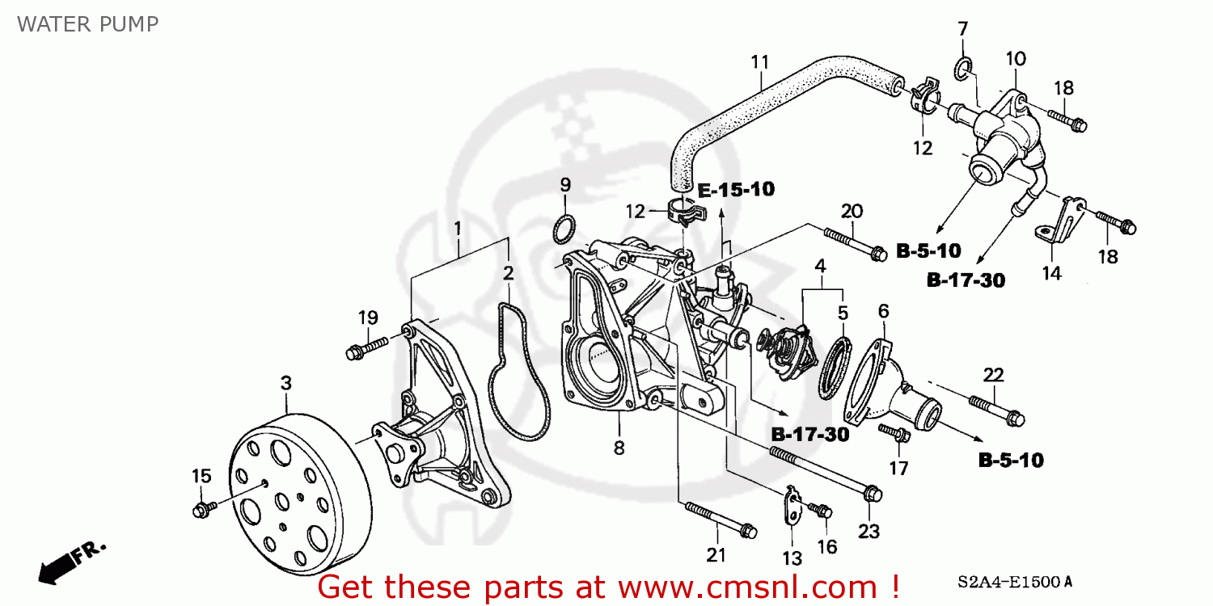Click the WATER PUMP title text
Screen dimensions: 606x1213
[x=87, y=23]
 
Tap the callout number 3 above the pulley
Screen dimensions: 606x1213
[x=285, y=383]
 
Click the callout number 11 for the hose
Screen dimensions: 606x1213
[x=759, y=61]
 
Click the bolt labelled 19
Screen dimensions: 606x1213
[x=366, y=349]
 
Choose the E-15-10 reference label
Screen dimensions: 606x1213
[x=736, y=190]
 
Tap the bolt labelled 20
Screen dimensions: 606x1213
[x=852, y=244]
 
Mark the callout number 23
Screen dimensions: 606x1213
[x=869, y=531]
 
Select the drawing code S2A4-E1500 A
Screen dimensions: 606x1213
[x=1016, y=582]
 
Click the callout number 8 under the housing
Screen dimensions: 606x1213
[x=619, y=447]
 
